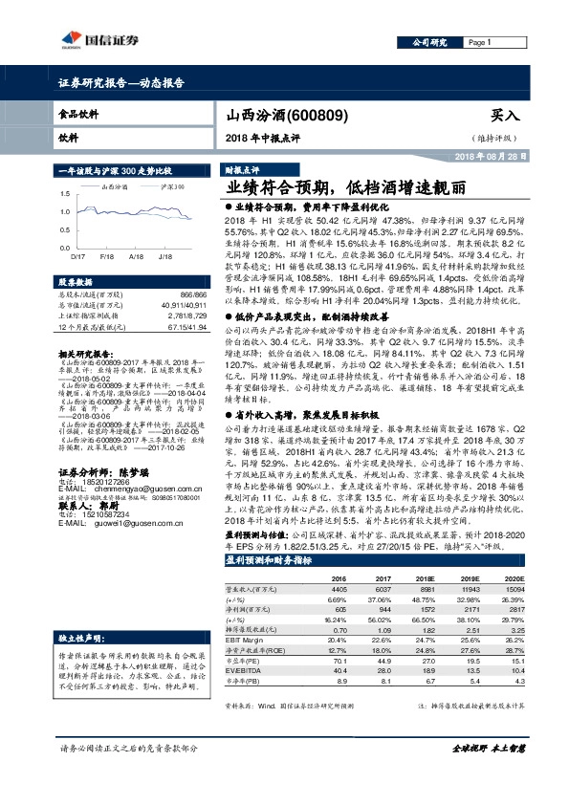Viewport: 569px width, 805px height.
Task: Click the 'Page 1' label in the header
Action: [x=480, y=44]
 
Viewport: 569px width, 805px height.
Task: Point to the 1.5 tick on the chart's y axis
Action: [x=65, y=192]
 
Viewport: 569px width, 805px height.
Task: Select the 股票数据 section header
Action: [x=77, y=283]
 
